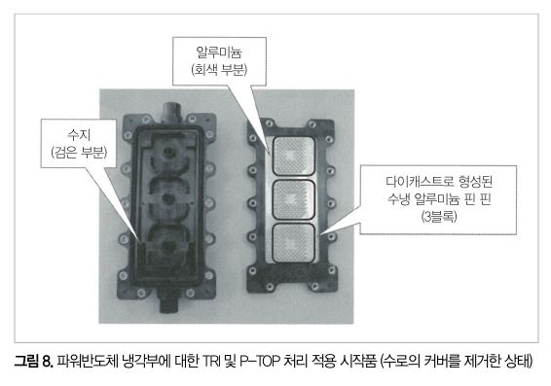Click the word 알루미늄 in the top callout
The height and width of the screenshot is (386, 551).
coord(219,53)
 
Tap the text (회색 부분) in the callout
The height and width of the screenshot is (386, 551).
coord(219,69)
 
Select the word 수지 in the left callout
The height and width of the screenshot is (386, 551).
coord(79,135)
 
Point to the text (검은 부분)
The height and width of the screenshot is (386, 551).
coord(79,152)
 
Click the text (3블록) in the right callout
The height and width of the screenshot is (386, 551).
coord(438,216)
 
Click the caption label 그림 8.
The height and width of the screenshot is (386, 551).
coord(34,361)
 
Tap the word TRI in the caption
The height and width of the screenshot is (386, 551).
coord(212,361)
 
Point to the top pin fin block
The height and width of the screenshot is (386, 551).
coord(294,156)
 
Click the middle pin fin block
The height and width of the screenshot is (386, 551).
coord(294,199)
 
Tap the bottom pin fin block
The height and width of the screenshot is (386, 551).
coord(294,243)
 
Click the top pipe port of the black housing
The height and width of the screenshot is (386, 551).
coord(171,111)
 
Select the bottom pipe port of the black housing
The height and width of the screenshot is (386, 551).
coord(169,301)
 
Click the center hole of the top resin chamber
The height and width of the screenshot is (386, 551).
coord(169,153)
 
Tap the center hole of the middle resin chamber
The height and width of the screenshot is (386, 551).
coord(169,199)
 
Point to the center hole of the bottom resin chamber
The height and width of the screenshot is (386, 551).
coord(168,247)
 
